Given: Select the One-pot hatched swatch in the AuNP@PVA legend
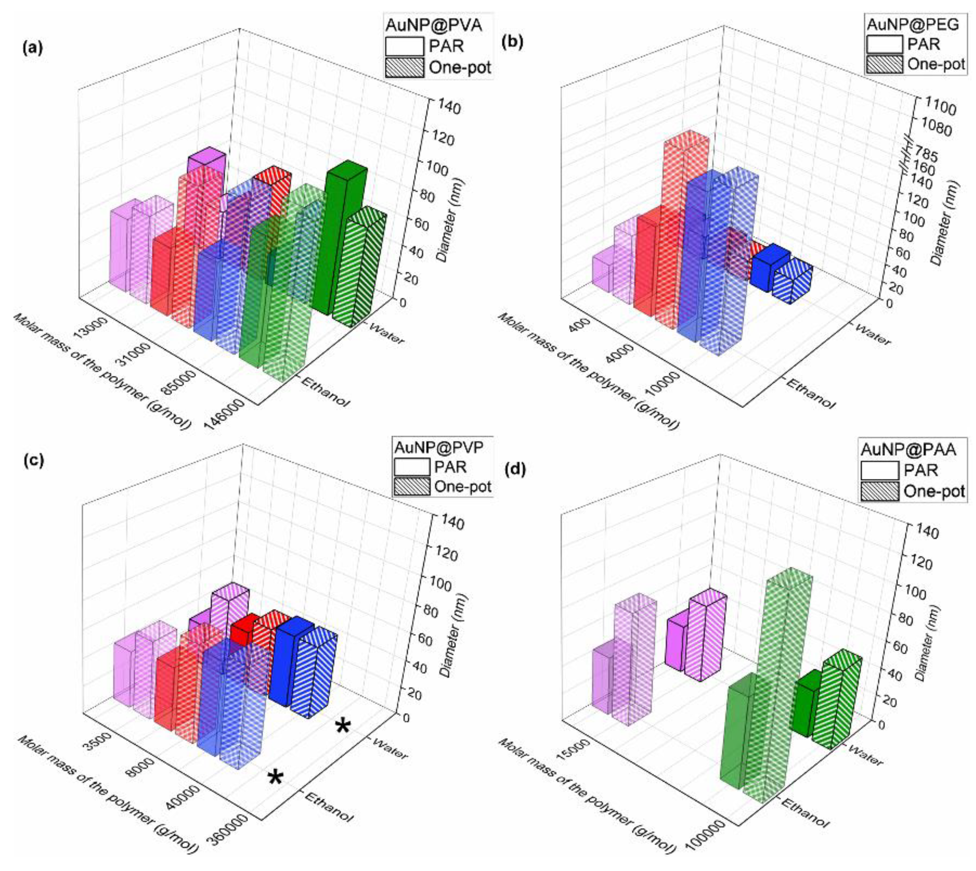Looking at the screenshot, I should (404, 68).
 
